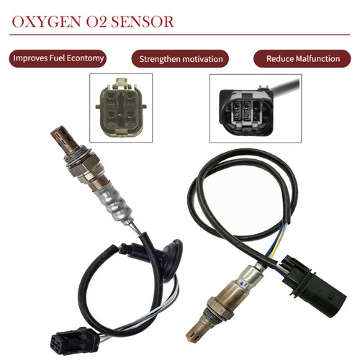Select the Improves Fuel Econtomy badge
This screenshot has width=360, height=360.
pos(58,58)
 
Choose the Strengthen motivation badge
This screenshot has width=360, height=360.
pos(181,58)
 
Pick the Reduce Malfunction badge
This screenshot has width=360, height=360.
pos(303,58)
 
